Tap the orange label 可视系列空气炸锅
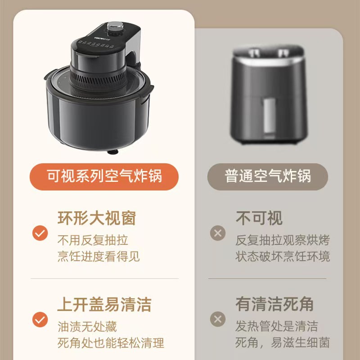pos(104,176)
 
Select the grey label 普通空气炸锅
pos(267,176)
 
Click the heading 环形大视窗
pos(97,218)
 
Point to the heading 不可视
pos(259,218)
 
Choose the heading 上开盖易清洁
pos(104,305)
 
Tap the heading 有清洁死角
pos(274,304)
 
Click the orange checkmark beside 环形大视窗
pos(40,233)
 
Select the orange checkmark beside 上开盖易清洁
pos(40,319)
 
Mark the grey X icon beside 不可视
pos(218,233)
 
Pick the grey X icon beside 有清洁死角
pos(218,319)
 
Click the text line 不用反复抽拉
pos(93,240)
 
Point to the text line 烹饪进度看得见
pos(99,256)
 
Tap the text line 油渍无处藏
pos(87,327)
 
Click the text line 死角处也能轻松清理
pos(111,343)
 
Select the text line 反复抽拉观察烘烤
pos(283,240)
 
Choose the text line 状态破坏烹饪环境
pos(283,256)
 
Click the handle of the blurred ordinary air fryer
pos(269,116)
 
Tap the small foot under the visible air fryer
pos(112,152)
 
